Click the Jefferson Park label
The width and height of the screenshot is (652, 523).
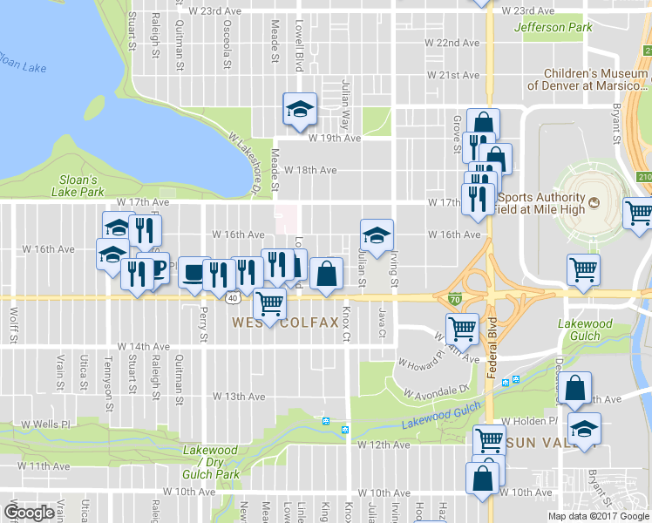click(x=554, y=28)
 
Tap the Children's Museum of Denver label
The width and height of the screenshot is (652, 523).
click(x=596, y=79)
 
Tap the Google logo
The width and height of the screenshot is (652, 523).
click(x=30, y=513)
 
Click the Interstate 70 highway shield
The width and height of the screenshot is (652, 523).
click(x=455, y=299)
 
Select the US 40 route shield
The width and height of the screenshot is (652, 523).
click(x=232, y=298)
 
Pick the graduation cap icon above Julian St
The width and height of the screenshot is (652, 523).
click(x=377, y=234)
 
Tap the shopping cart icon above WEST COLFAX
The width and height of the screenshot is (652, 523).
click(x=270, y=302)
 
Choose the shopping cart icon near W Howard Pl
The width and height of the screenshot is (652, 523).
click(x=462, y=329)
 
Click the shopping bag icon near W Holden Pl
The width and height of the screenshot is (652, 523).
click(x=575, y=388)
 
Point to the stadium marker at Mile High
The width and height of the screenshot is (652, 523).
click(x=594, y=203)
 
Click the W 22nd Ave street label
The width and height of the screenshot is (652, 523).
click(x=453, y=43)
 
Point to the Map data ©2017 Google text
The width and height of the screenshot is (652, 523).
click(x=599, y=516)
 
